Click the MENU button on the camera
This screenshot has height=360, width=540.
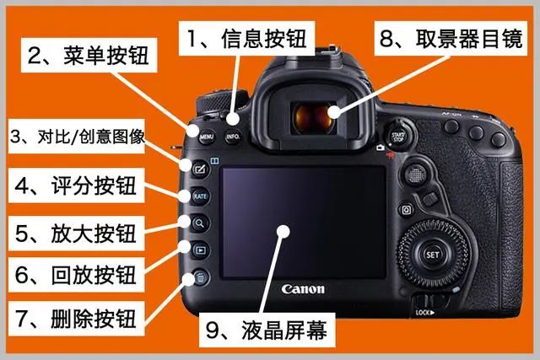207,137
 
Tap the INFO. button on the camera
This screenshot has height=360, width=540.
233,137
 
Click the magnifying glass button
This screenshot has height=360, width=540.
200,223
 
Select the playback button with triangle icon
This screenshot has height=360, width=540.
200,250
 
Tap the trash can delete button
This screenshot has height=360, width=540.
200,277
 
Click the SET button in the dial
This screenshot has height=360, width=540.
432,255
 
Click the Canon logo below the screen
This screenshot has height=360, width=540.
303,289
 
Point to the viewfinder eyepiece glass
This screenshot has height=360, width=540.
314,118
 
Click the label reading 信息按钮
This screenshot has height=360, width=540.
264,38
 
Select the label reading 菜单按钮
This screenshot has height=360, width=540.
105,55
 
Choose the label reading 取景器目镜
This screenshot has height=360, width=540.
469,38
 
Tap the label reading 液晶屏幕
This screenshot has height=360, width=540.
284,330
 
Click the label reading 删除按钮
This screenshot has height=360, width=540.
94,319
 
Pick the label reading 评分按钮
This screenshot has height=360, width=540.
94,185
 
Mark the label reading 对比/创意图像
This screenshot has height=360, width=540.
91,137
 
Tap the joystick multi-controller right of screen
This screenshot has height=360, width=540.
416,175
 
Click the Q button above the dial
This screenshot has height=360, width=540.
407,210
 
